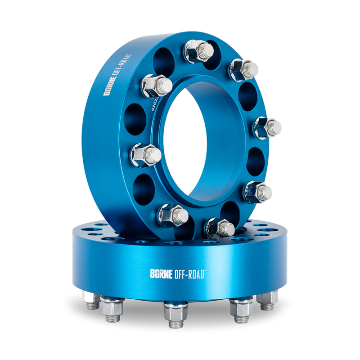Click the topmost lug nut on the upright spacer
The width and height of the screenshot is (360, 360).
pyautogui.click(x=198, y=51)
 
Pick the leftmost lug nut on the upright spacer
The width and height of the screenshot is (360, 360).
pyautogui.click(x=145, y=154)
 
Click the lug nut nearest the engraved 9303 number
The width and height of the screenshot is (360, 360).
pyautogui.click(x=156, y=85)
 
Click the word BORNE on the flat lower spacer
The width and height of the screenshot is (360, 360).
pyautogui.click(x=161, y=273)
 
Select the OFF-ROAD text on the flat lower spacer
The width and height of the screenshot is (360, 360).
pyautogui.click(x=189, y=273)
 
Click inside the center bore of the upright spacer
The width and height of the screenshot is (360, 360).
pyautogui.click(x=202, y=144)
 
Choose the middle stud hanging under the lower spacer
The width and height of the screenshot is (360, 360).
pyautogui.click(x=175, y=313)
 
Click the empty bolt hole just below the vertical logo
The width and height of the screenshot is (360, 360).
pyautogui.click(x=135, y=119)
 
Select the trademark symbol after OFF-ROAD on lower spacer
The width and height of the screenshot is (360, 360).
pyautogui.click(x=206, y=270)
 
